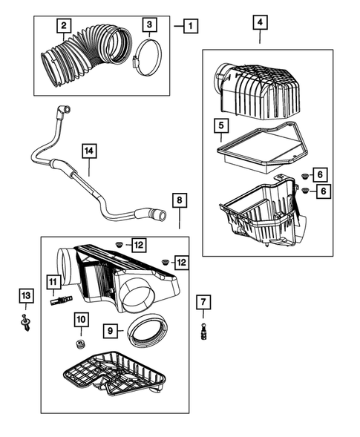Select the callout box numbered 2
pos(65,26)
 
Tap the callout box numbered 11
pos(53,282)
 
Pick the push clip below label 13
pos(27,323)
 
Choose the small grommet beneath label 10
pos(81,345)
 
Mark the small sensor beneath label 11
pos(59,300)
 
